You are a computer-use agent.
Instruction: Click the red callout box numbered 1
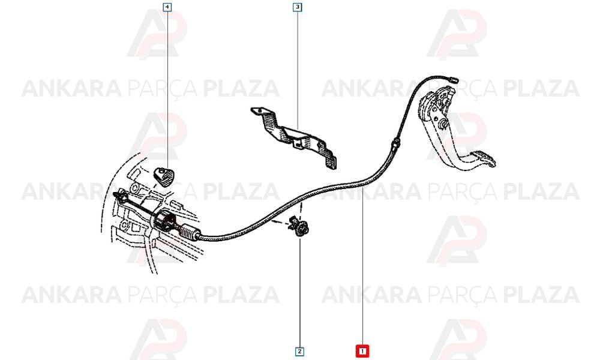point(362,351)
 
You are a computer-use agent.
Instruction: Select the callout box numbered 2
point(299,351)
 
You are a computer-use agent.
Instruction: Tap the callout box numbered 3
point(298,7)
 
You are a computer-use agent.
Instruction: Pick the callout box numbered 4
point(167,7)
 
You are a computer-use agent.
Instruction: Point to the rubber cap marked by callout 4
point(164,176)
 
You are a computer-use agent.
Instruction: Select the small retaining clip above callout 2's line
point(299,226)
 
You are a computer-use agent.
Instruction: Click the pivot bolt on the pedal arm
point(443,124)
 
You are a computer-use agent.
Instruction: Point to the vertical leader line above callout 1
point(362,266)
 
